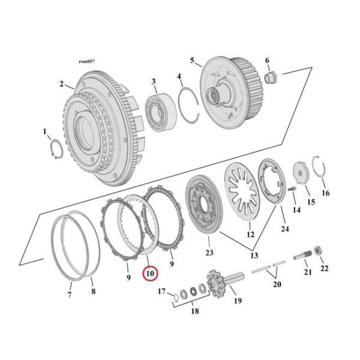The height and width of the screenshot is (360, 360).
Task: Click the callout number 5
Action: (192, 61)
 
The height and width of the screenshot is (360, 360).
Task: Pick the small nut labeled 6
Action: (269, 76)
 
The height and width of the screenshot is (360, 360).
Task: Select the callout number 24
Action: (284, 229)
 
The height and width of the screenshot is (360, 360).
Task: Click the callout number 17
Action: (161, 292)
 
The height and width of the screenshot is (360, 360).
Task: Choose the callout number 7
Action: (69, 295)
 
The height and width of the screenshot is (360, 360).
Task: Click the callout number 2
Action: (61, 84)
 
